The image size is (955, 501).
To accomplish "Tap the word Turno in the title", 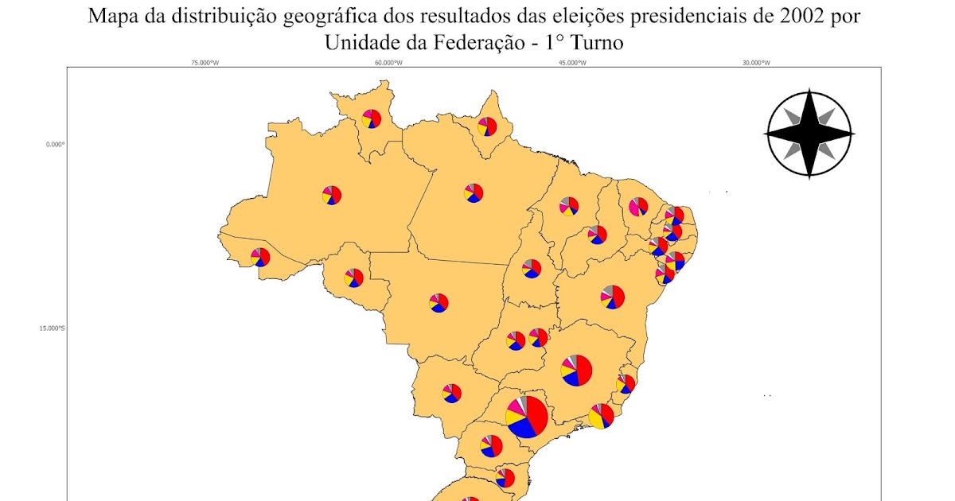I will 591,43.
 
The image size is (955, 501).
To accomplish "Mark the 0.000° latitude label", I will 54,145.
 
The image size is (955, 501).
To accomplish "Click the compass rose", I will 809,134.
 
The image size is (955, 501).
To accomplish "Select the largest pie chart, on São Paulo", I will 526,416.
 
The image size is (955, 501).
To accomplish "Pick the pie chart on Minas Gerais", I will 576,370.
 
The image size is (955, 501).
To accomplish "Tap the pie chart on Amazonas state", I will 332,194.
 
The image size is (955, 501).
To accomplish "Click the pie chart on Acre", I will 260,257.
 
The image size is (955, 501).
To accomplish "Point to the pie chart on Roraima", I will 371,118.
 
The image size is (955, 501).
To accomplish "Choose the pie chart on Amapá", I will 487,126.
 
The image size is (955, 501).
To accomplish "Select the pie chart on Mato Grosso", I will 438,302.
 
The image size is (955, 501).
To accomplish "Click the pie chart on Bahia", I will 612,297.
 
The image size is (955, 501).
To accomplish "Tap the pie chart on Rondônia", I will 353,278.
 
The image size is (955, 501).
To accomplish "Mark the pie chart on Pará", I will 474,192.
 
